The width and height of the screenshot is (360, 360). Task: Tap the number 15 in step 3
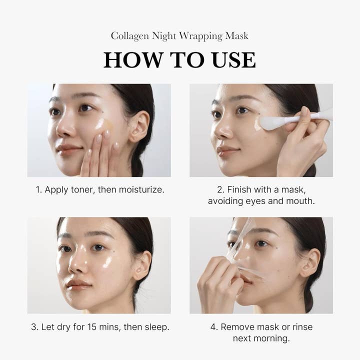(89, 327)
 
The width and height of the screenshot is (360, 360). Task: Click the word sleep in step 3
(156, 327)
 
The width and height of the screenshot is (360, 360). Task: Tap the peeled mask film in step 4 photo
(240, 250)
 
